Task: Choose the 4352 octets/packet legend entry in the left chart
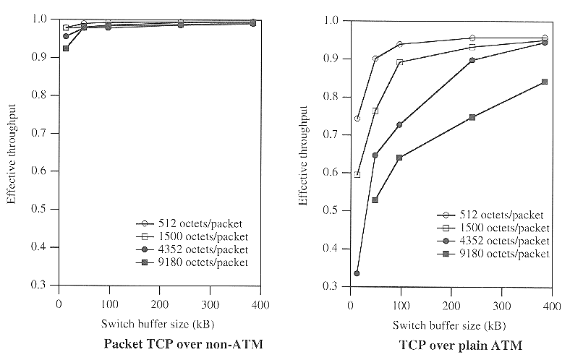195,249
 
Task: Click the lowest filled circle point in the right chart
357,273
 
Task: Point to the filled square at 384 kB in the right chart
545,82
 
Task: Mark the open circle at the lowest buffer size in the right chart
357,118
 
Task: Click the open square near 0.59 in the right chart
357,174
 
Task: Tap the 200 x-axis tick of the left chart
160,304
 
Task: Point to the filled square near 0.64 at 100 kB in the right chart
399,158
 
